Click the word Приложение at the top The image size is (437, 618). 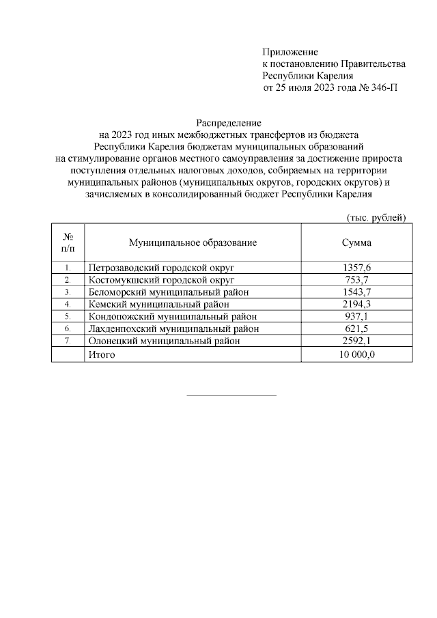[x=290, y=52]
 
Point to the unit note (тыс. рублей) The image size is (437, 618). [x=373, y=218]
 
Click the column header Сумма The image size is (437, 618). [x=356, y=243]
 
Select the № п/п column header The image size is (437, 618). [x=68, y=243]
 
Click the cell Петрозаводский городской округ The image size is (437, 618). [x=161, y=268]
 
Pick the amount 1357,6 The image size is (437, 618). [x=356, y=268]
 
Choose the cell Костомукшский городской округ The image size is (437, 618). [x=161, y=280]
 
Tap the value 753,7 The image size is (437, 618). [x=356, y=280]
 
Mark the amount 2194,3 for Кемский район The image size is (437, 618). [x=356, y=305]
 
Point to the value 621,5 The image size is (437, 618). [x=356, y=329]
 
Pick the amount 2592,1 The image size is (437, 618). [x=356, y=341]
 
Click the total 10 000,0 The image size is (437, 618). [x=356, y=355]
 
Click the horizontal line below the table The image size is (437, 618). [x=231, y=395]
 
